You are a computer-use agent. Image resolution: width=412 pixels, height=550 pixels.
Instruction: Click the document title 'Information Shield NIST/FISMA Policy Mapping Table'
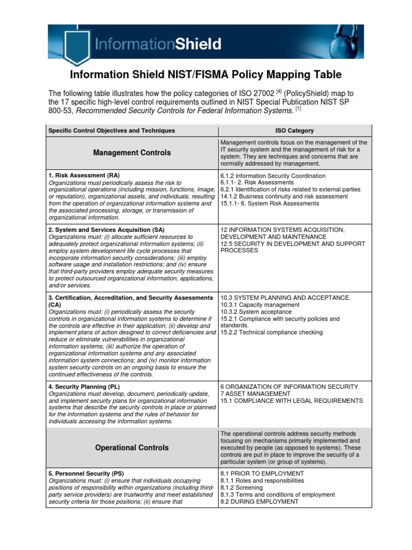[205, 75]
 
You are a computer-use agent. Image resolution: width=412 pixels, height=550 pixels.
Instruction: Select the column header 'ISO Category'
[295, 131]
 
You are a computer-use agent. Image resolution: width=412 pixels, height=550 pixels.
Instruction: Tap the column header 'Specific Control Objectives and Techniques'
[112, 131]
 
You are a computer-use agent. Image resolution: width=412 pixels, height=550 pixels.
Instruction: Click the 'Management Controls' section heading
[132, 153]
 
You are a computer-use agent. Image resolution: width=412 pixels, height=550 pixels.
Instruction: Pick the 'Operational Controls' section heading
[132, 447]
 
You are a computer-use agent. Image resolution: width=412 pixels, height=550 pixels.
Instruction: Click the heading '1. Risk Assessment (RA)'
[84, 176]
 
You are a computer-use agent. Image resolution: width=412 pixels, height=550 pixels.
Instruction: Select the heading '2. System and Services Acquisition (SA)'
[107, 229]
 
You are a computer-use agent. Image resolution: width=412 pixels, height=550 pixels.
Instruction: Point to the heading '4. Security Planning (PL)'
[84, 386]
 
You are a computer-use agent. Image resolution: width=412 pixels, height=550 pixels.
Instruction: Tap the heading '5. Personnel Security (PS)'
[86, 473]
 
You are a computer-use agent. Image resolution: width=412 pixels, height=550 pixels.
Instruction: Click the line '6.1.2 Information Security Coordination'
[273, 176]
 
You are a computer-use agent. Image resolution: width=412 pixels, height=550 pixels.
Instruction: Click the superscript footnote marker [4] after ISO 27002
[278, 91]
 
